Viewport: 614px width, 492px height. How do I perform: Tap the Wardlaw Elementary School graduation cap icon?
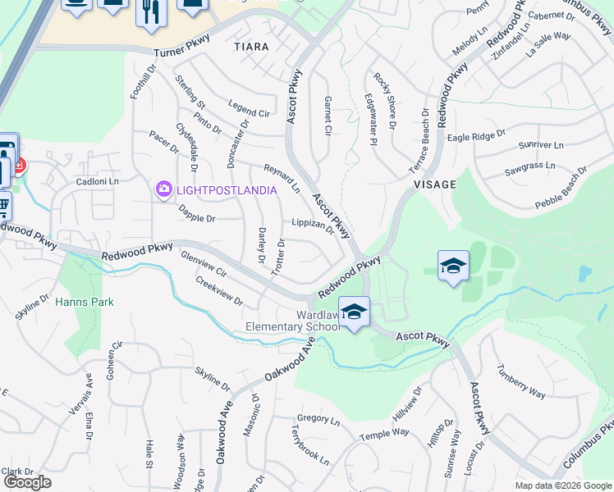click(354, 312)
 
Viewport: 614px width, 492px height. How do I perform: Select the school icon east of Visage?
click(453, 266)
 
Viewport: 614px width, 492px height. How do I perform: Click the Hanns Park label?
click(85, 302)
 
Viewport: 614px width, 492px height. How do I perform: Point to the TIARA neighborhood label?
click(251, 47)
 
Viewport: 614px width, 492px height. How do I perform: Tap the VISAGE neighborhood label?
click(434, 184)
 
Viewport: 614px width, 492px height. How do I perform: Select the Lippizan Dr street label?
click(314, 225)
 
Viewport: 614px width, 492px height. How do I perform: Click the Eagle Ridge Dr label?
click(476, 136)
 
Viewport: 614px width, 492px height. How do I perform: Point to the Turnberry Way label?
click(520, 382)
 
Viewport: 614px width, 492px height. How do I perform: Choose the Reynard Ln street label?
click(282, 178)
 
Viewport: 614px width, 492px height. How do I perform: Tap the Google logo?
click(28, 482)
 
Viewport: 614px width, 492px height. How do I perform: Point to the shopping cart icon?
click(3, 204)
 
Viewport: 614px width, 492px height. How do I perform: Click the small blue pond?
click(584, 273)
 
